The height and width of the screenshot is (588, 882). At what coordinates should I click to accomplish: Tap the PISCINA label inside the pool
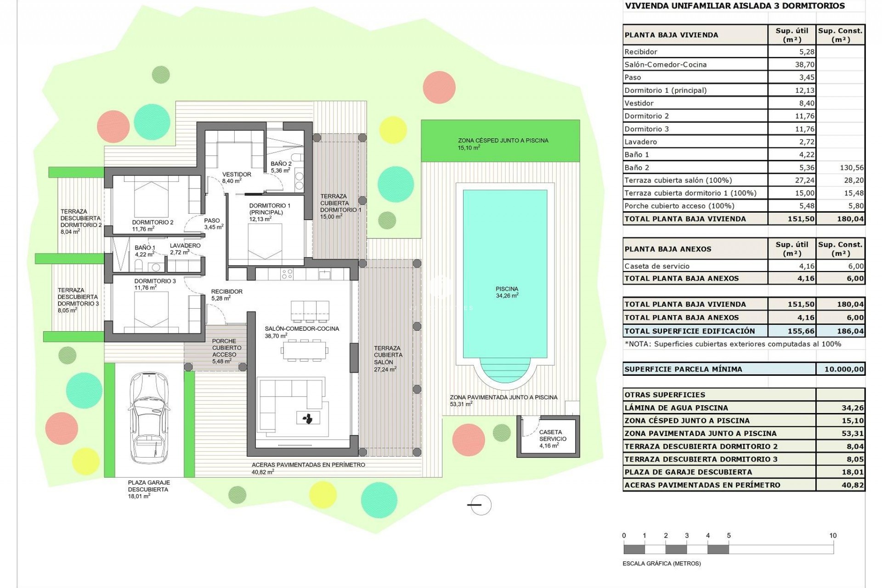click(x=507, y=289)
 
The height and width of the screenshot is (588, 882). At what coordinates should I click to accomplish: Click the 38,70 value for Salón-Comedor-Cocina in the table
click(x=804, y=65)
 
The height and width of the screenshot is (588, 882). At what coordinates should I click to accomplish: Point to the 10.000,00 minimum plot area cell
click(x=843, y=369)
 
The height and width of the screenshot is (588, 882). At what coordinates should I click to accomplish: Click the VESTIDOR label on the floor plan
click(x=237, y=175)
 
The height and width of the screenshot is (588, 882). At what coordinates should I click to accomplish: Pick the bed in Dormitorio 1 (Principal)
click(x=266, y=243)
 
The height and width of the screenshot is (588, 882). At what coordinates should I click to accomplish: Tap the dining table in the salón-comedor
click(x=304, y=351)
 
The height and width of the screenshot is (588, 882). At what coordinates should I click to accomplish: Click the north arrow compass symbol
click(x=481, y=505)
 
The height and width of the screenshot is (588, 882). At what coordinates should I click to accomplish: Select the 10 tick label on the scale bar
click(x=833, y=536)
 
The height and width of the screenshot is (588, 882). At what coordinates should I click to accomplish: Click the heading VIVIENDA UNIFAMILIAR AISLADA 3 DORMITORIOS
click(x=734, y=6)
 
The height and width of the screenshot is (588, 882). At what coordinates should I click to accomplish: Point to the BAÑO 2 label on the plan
click(x=281, y=164)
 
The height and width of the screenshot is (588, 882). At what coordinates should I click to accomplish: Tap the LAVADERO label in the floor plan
click(x=185, y=246)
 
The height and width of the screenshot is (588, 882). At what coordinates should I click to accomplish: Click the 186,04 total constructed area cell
click(x=850, y=331)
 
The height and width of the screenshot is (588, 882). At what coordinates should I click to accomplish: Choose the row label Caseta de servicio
click(x=657, y=266)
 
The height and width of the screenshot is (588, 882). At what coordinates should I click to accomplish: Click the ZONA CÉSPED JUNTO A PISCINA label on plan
click(x=503, y=141)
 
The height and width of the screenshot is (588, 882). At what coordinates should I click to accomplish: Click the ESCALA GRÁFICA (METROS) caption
click(x=661, y=564)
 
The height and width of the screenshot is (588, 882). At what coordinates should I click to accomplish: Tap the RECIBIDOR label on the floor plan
click(x=226, y=292)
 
